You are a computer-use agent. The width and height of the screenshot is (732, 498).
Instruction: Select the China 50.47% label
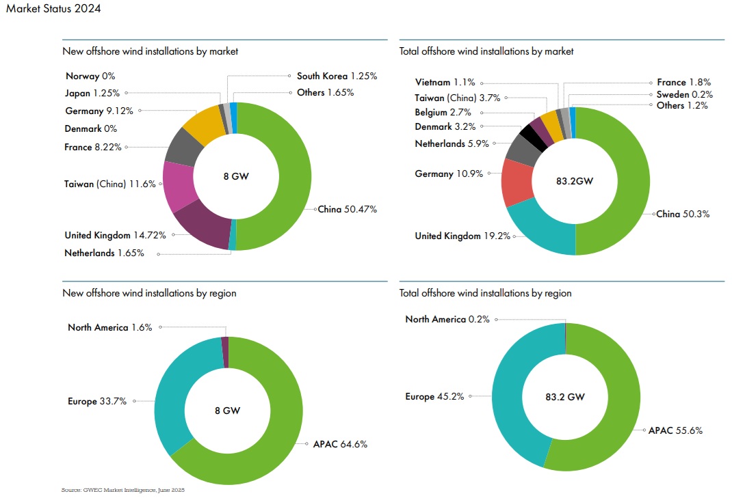348,209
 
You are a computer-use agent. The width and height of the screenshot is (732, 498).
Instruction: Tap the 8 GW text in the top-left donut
236,176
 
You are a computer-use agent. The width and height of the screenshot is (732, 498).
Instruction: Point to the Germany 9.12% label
99,110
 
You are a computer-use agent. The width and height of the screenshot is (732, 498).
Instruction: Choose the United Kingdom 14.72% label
116,235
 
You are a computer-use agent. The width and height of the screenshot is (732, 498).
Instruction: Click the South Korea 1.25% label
337,76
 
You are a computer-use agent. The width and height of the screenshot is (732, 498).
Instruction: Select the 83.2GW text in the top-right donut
575,182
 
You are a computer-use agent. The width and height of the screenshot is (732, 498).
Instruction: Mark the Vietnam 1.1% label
445,82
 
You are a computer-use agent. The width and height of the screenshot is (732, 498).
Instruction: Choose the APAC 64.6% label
341,444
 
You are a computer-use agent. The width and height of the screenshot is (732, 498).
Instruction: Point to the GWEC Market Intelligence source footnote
123,490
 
